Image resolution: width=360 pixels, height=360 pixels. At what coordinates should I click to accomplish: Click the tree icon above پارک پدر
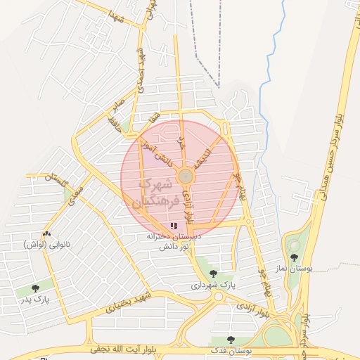tap(35, 288)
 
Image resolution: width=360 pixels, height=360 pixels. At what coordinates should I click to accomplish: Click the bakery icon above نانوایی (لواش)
tap(46, 233)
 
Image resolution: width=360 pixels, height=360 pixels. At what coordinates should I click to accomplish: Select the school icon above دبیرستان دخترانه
tap(174, 226)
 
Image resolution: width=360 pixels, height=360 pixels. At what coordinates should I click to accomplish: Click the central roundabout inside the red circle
tap(186, 176)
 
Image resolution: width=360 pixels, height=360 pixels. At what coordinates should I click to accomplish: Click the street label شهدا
tap(116, 15)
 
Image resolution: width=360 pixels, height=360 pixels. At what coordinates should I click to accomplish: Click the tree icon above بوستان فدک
tap(231, 340)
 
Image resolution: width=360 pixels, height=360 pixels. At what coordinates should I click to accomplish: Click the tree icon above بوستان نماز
tap(293, 258)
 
